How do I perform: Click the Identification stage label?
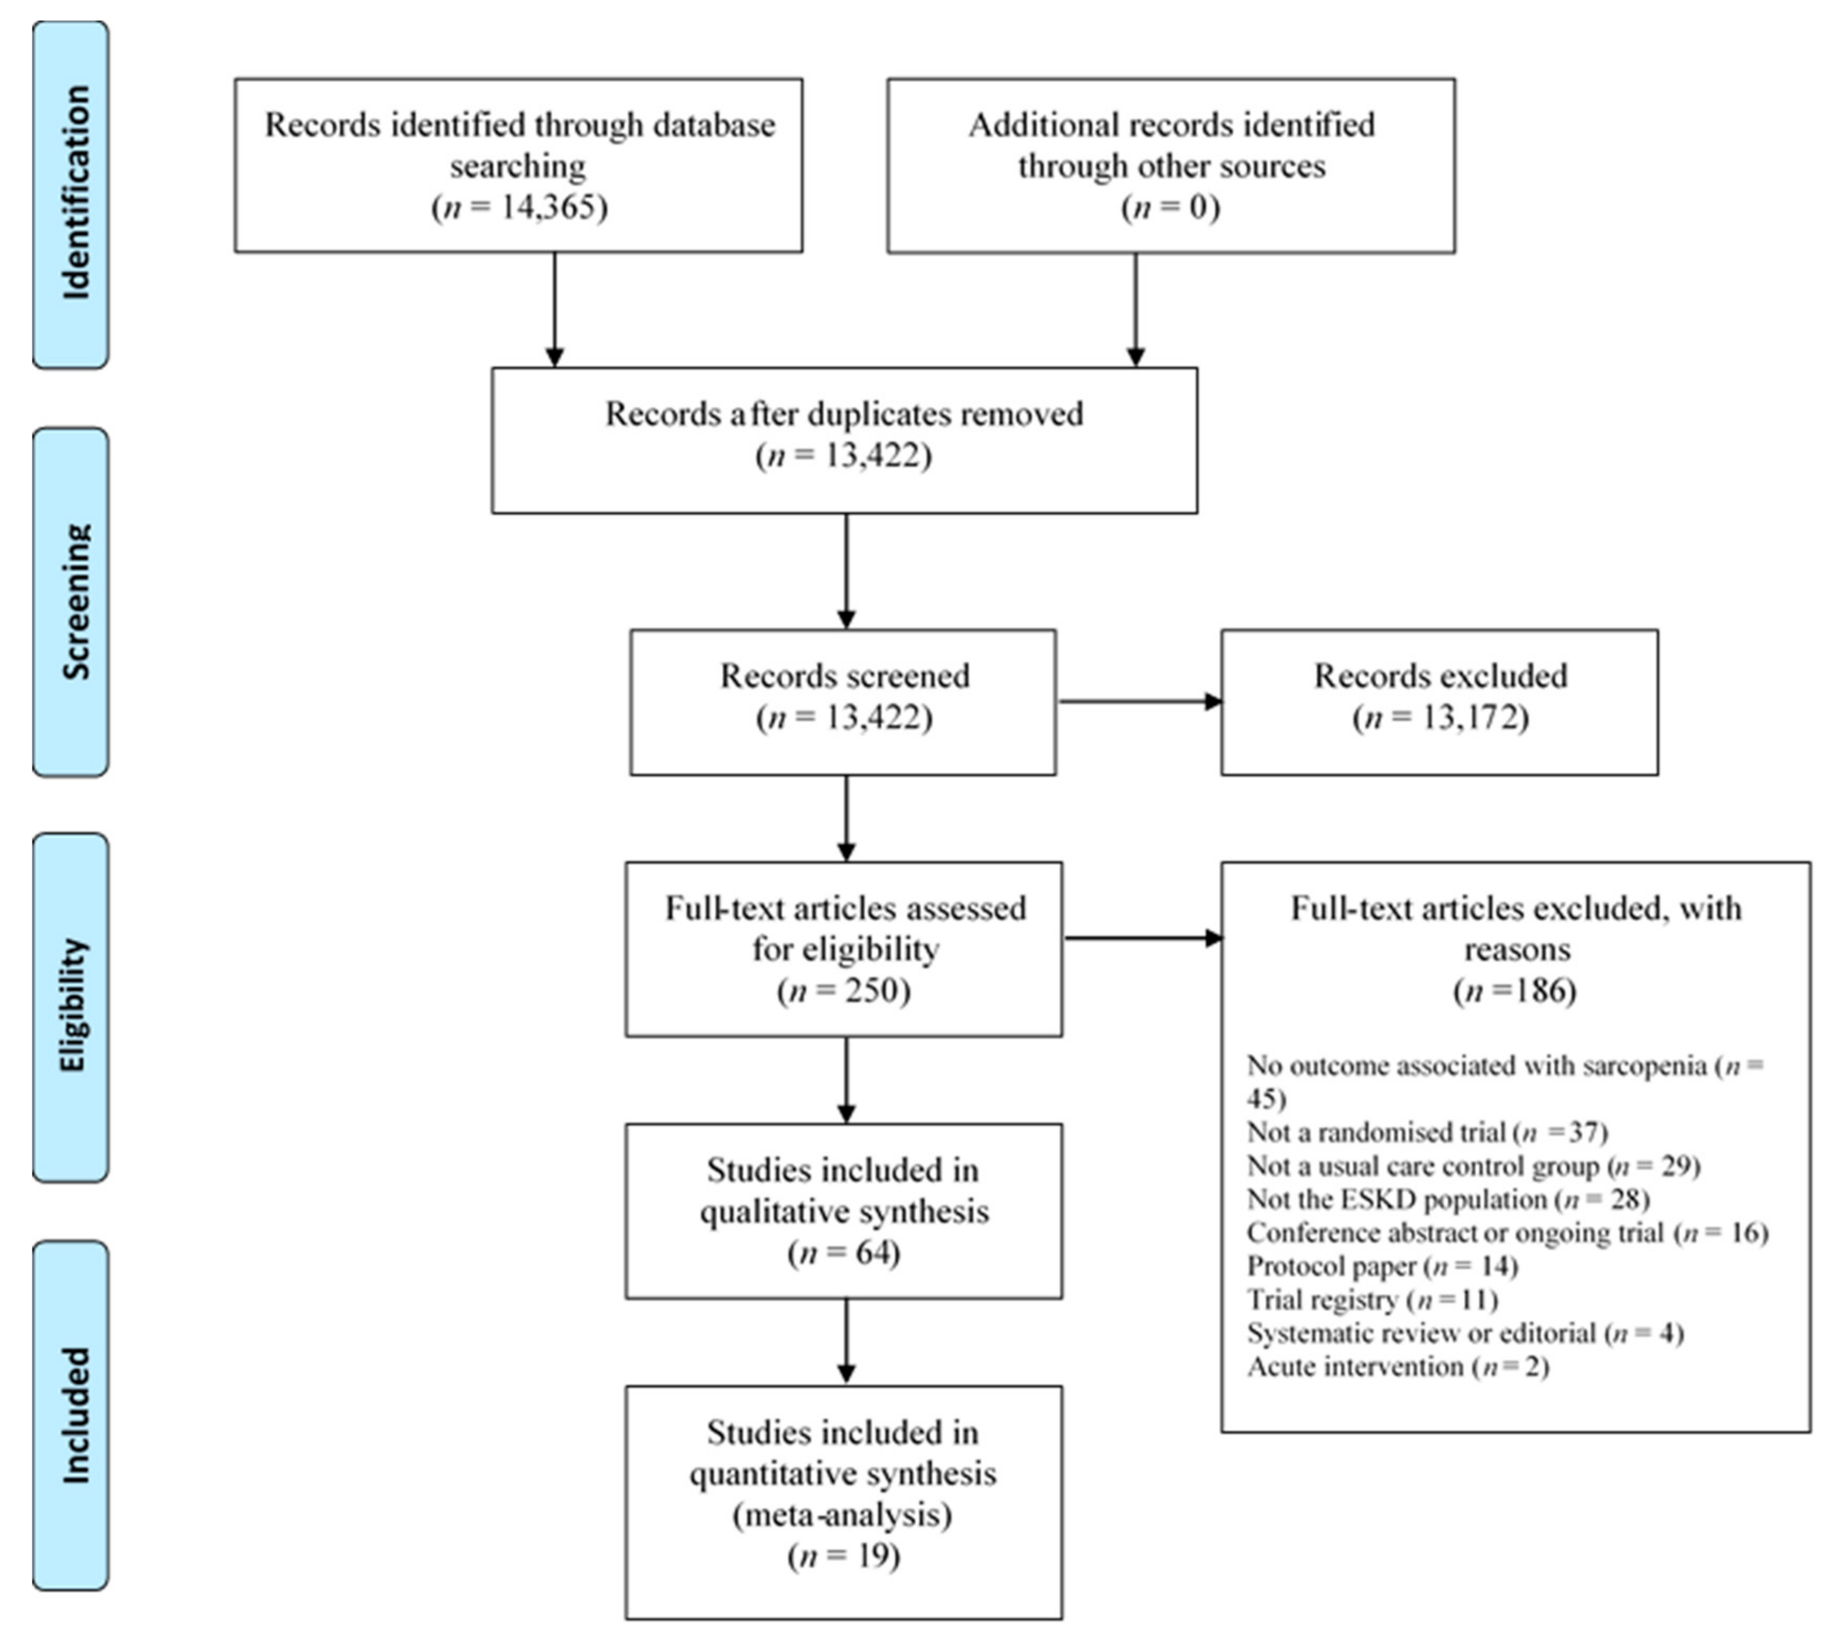[71, 194]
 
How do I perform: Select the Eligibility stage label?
[71, 1006]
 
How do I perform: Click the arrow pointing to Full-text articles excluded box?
[1142, 938]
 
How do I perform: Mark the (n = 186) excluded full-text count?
[1516, 990]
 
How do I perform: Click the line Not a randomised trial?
[1426, 1132]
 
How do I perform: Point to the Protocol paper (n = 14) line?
[1381, 1266]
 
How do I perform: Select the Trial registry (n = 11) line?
[1371, 1300]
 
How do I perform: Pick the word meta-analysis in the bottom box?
[842, 1515]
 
